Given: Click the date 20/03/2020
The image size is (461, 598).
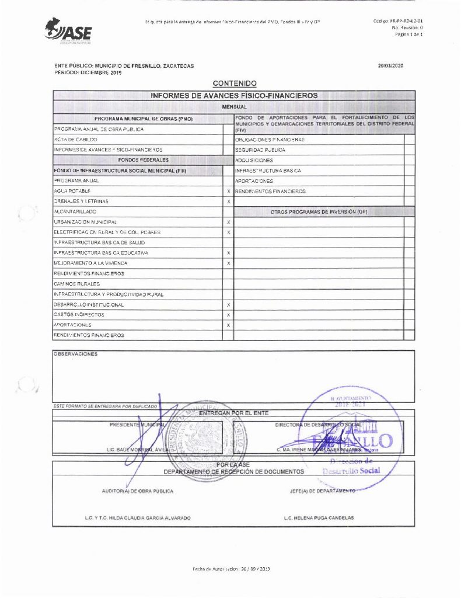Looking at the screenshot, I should tap(390, 66).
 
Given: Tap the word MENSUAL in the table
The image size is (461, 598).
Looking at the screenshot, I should tap(234, 107).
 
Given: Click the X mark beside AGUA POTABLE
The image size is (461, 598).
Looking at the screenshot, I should tap(228, 192).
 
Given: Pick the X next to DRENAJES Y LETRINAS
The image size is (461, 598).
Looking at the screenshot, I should tap(228, 201).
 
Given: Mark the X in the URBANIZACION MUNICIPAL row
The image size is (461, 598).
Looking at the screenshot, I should tap(228, 222).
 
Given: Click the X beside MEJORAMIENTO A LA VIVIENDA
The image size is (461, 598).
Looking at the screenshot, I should tap(228, 263).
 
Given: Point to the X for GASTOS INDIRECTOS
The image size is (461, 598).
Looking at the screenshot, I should tap(228, 315).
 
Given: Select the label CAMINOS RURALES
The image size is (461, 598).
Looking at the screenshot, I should tap(76, 284).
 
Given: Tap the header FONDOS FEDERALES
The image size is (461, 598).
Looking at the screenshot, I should tap(143, 159).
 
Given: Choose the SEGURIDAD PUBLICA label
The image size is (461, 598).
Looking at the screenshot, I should tap(261, 150).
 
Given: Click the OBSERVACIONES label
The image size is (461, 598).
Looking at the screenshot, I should tap(76, 354).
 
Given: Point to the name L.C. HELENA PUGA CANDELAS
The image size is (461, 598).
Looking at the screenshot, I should tap(319, 518).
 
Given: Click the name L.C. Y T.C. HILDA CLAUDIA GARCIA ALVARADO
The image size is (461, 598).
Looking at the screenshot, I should tap(138, 518).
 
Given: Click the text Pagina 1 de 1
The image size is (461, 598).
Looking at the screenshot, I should tap(408, 34).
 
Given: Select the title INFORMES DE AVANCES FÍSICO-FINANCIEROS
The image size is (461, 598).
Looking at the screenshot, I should tap(234, 95).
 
